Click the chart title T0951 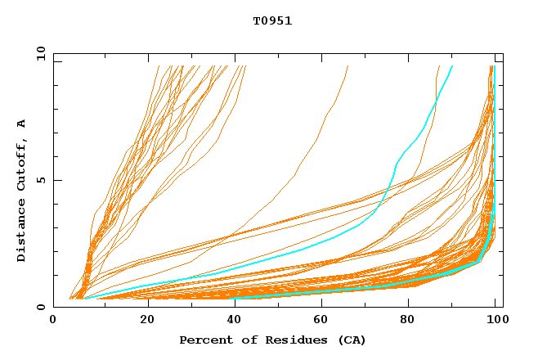pyautogui.click(x=272, y=21)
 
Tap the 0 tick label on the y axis pyautogui.click(x=41, y=308)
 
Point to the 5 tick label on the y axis pyautogui.click(x=41, y=180)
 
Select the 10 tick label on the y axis pyautogui.click(x=38, y=53)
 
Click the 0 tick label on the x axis pyautogui.click(x=53, y=322)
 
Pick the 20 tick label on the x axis pyautogui.click(x=147, y=322)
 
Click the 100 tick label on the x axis pyautogui.click(x=495, y=322)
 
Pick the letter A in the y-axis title pyautogui.click(x=22, y=124)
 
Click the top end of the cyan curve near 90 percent pyautogui.click(x=452, y=66)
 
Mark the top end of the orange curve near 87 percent pyautogui.click(x=439, y=66)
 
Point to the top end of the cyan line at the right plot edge pyautogui.click(x=494, y=67)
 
